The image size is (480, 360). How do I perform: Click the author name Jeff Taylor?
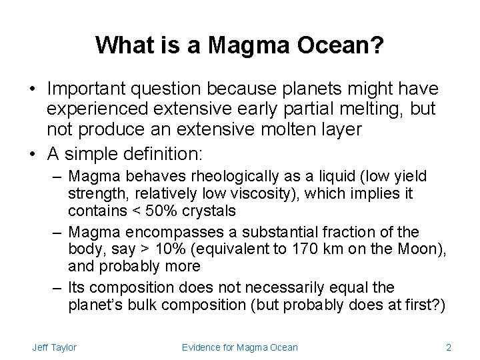54,347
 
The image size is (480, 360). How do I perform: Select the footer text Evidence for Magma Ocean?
240,347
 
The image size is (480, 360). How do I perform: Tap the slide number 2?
449,347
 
